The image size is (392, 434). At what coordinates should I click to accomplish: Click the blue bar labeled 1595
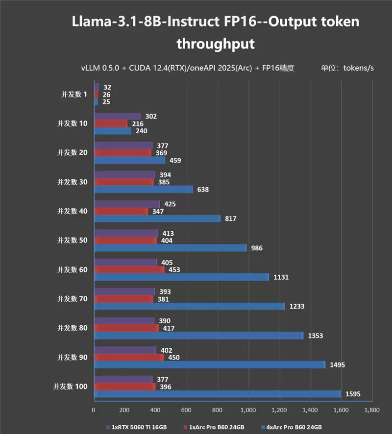(x=217, y=394)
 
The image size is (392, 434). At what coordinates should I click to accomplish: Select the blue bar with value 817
(x=157, y=218)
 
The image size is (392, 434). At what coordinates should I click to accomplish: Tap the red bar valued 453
(x=129, y=269)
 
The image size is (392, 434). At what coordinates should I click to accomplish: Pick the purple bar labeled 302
(x=117, y=117)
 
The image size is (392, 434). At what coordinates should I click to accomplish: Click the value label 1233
(x=296, y=306)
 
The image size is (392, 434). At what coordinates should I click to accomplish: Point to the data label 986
(x=256, y=248)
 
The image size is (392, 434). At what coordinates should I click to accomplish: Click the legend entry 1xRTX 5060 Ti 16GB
(x=139, y=427)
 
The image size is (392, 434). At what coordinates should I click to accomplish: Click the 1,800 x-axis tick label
(x=371, y=410)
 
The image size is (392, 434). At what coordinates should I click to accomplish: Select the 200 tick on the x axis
(x=124, y=410)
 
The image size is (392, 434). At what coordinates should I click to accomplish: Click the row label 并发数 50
(x=72, y=241)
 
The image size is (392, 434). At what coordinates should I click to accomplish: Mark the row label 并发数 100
(x=70, y=386)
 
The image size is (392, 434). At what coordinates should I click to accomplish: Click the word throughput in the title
(x=215, y=44)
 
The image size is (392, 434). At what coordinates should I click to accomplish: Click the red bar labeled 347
(x=121, y=211)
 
